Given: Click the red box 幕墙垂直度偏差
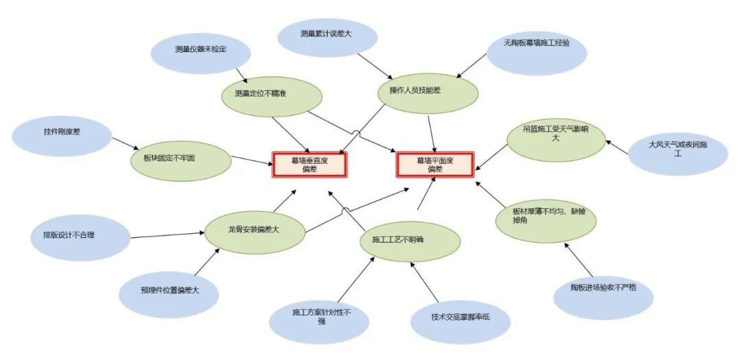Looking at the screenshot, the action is coord(311,165).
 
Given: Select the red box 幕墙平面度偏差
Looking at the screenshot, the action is coord(435,165).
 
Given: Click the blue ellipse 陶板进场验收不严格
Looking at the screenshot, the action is coord(603,291).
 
